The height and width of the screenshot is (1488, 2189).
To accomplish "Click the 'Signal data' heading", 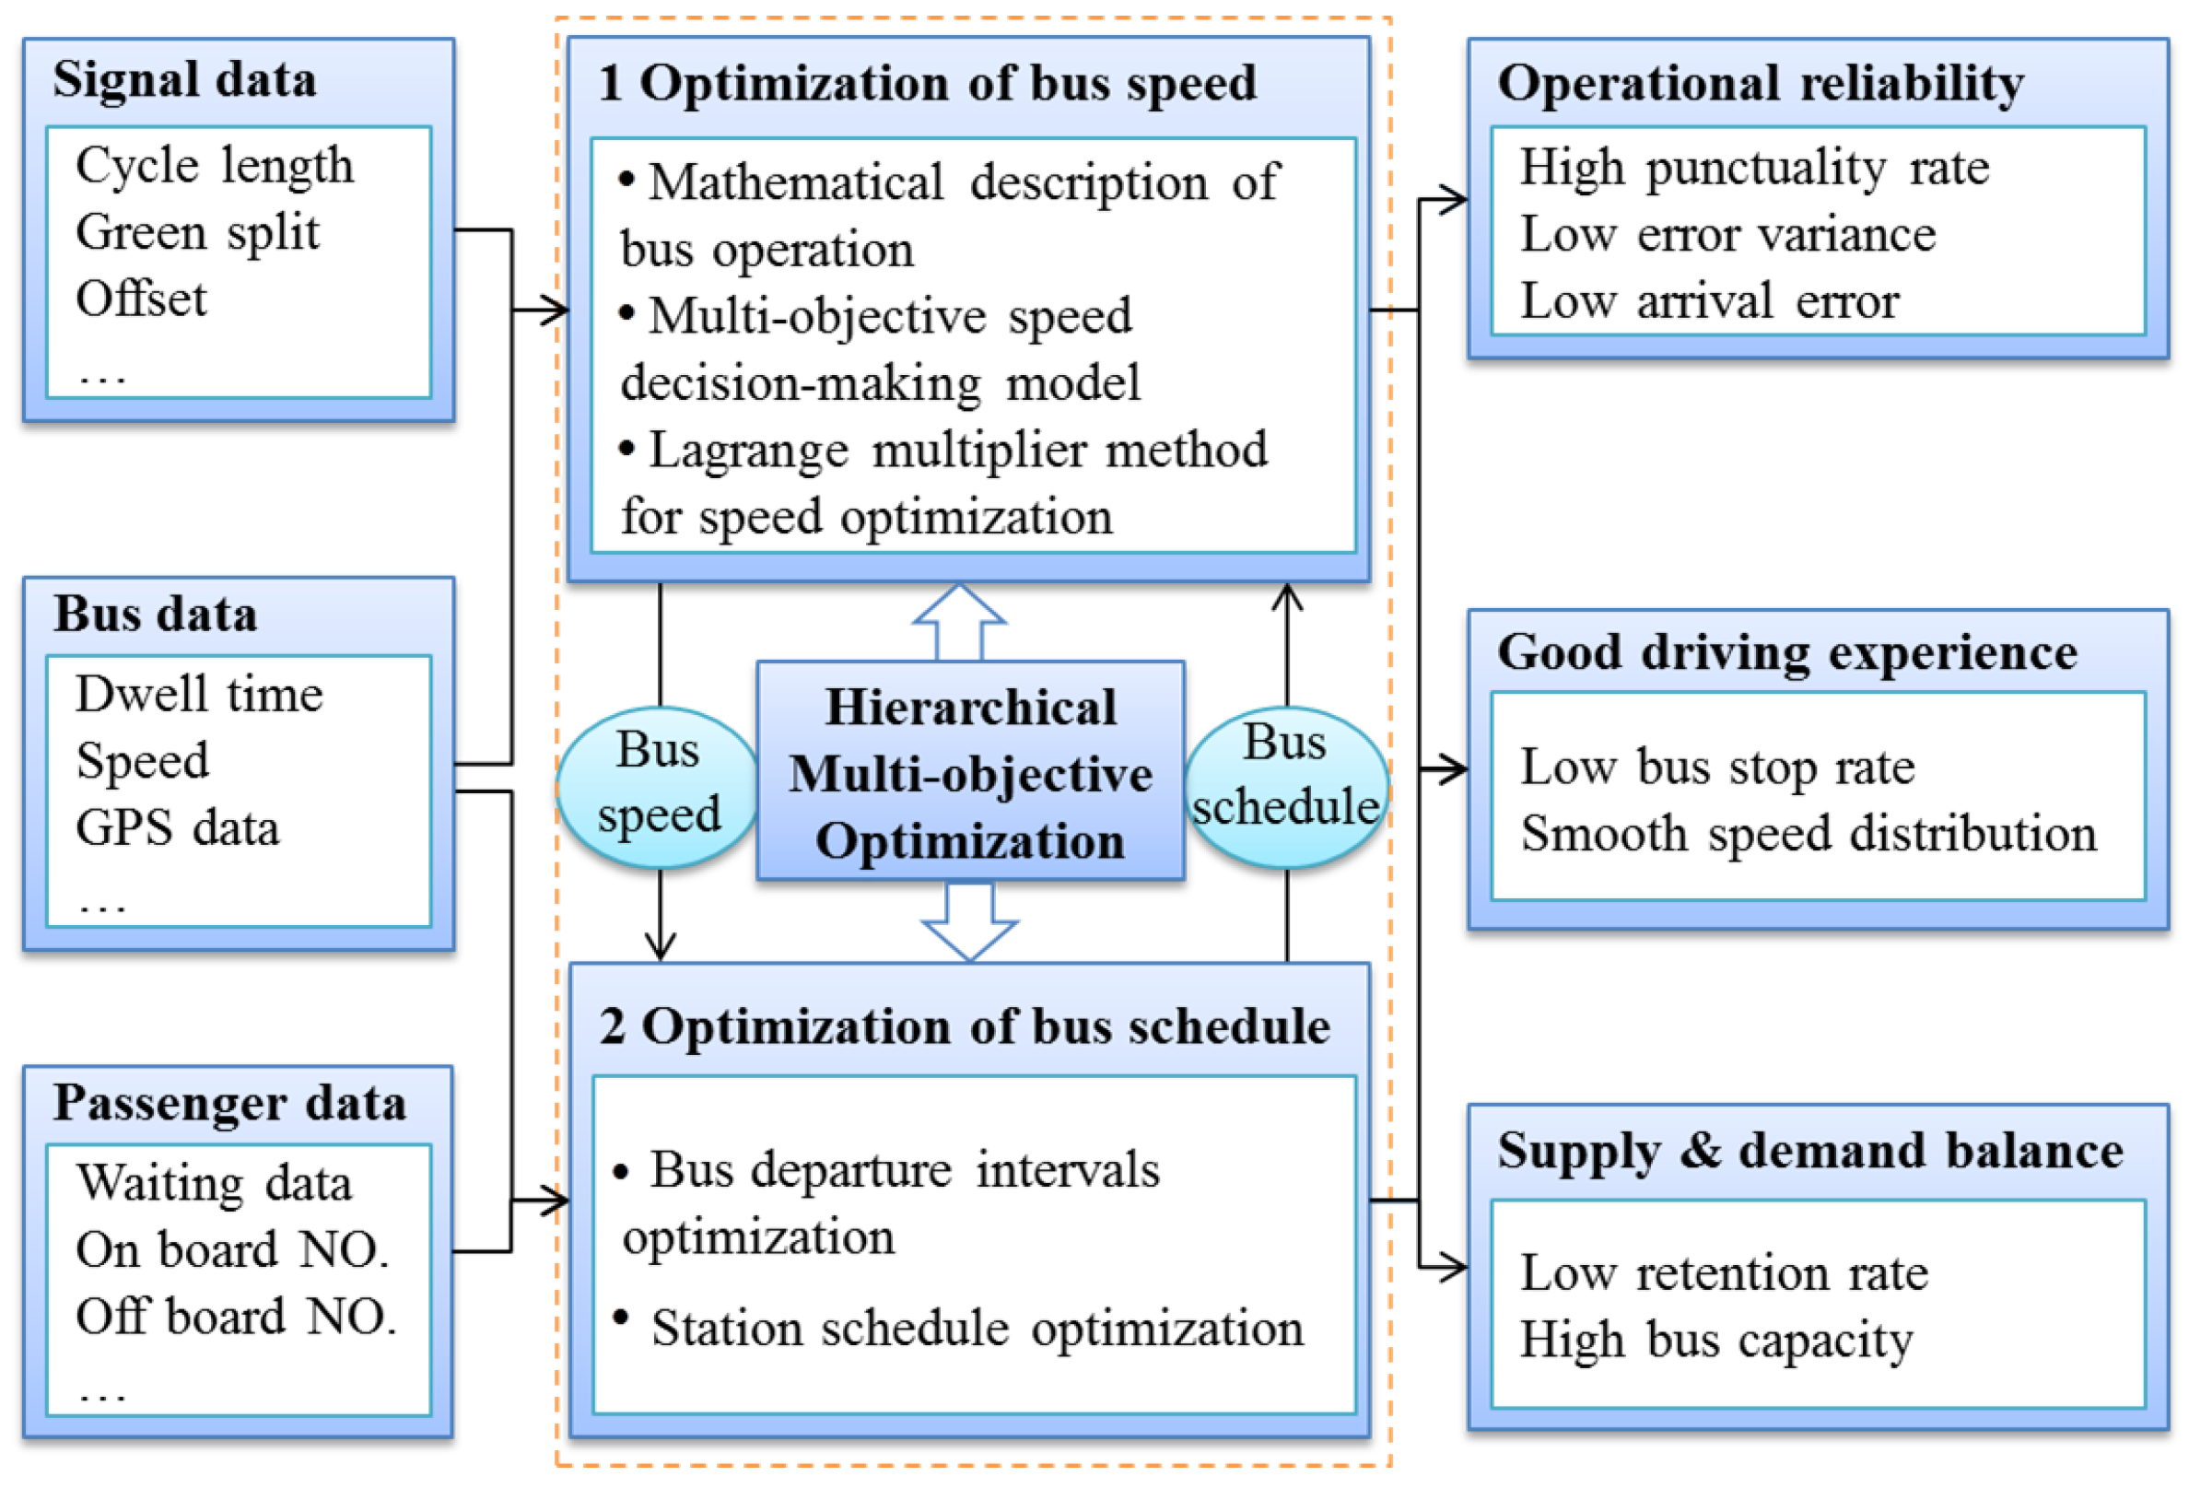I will (184, 80).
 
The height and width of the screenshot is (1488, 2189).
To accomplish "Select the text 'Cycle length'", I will (215, 166).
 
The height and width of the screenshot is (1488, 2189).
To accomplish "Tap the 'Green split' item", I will (198, 232).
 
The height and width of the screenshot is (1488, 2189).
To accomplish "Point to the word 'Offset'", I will (141, 299).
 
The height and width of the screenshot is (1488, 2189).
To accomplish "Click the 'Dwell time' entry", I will (199, 695).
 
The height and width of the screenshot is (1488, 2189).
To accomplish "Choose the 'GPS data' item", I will (177, 828).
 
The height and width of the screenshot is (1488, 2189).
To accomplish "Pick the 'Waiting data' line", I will (214, 1183).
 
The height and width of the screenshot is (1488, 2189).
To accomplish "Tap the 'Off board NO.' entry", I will (236, 1317).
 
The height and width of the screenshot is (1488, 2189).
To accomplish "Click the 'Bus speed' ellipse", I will (658, 785).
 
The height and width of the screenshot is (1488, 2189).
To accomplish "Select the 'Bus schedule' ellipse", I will (1286, 785).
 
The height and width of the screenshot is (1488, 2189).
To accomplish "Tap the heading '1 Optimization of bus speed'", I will (928, 83).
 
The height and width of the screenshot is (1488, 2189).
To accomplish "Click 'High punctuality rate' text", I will (1754, 168).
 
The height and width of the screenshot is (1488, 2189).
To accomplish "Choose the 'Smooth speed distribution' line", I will (1809, 835).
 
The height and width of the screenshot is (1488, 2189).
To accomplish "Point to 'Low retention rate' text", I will (1724, 1273).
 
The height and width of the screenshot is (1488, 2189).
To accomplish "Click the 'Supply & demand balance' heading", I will (1810, 1151).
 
